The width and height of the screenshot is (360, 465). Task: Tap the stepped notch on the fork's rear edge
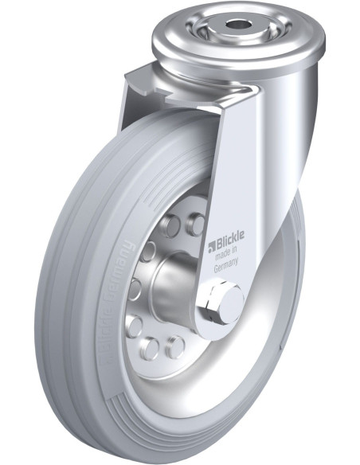point(135,80)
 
